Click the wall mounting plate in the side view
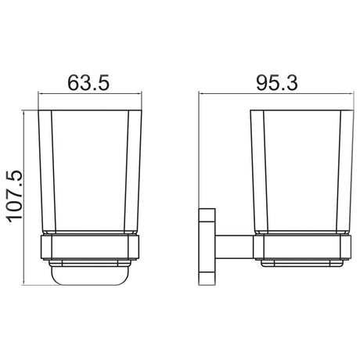(207, 244)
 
